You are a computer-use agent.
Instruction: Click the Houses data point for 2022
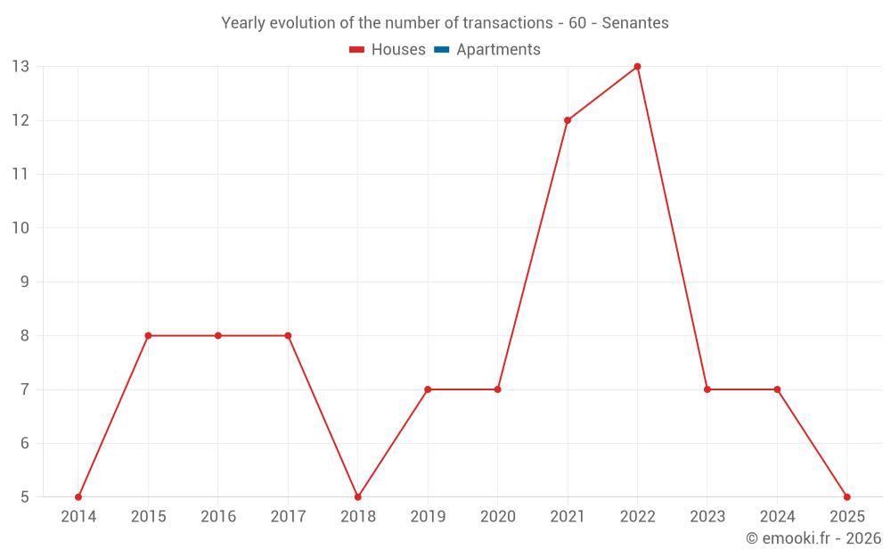pyautogui.click(x=637, y=66)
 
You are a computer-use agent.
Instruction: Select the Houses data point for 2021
pyautogui.click(x=568, y=120)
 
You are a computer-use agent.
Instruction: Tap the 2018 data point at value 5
pyautogui.click(x=358, y=496)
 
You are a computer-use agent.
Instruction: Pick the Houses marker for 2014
pyautogui.click(x=78, y=496)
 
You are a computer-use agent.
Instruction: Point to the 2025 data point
pyautogui.click(x=846, y=496)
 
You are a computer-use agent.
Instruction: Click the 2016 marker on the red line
pyautogui.click(x=218, y=335)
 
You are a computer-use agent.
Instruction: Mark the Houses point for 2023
pyautogui.click(x=707, y=389)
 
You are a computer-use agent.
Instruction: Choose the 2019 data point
pyautogui.click(x=428, y=389)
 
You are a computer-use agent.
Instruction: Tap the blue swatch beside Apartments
pyautogui.click(x=441, y=50)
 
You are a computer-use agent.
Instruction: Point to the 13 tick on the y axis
pyautogui.click(x=20, y=66)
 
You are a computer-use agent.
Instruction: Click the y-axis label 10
pyautogui.click(x=20, y=227)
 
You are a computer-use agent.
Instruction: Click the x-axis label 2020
pyautogui.click(x=497, y=517)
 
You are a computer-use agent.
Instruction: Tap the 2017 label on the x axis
pyautogui.click(x=288, y=517)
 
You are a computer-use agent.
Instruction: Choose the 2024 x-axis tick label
pyautogui.click(x=777, y=517)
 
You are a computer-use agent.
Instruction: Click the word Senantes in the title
pyautogui.click(x=634, y=23)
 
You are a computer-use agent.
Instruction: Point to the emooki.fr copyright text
pyautogui.click(x=813, y=538)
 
